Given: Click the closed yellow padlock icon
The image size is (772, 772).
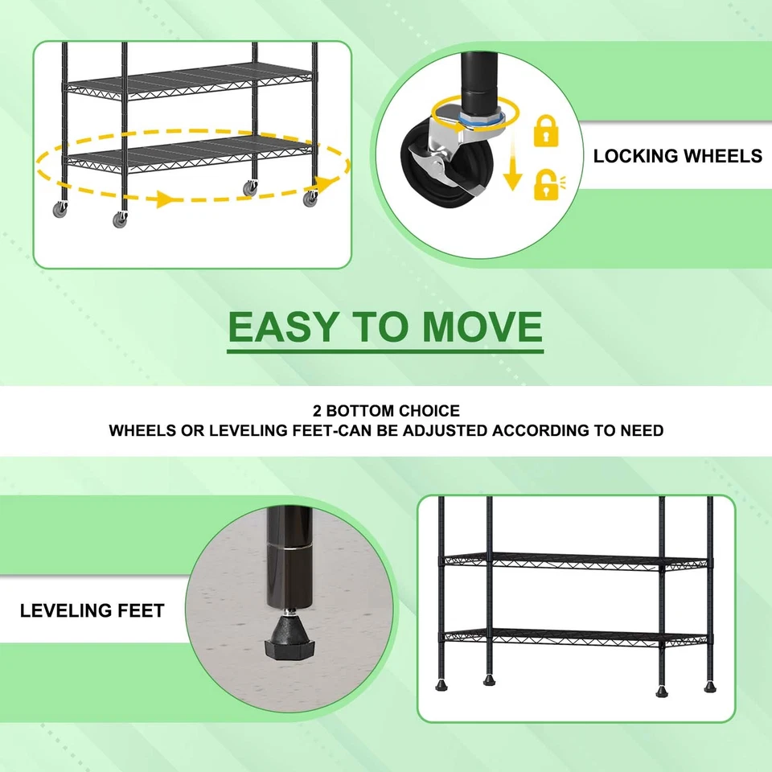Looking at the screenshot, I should tap(546, 131).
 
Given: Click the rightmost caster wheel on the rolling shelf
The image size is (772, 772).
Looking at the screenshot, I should tap(310, 199).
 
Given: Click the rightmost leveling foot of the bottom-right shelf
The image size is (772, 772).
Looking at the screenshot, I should tap(710, 685).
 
